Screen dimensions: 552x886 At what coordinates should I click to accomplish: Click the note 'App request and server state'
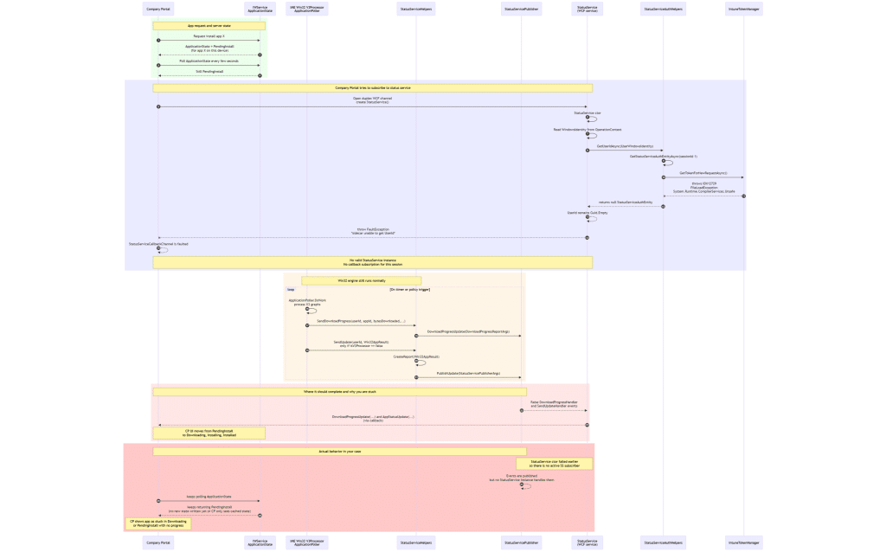[x=209, y=26]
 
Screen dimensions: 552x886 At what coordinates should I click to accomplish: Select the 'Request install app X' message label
[x=209, y=36]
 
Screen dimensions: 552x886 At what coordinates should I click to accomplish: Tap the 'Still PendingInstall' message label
[x=209, y=71]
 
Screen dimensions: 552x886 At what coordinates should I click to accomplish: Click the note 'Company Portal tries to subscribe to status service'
[x=373, y=88]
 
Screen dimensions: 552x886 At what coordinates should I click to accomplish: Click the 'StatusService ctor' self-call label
[x=587, y=112]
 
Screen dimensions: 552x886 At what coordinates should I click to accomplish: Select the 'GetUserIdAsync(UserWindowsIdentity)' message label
[x=625, y=146]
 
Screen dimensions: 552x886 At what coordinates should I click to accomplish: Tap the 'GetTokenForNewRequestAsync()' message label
[x=703, y=173]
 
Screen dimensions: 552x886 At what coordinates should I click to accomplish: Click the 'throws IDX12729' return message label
[x=703, y=187]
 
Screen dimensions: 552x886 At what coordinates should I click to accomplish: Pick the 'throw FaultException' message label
[x=373, y=232]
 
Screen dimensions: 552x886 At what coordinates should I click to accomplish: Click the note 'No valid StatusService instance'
[x=373, y=261]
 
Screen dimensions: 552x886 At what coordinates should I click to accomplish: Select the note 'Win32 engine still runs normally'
[x=361, y=280]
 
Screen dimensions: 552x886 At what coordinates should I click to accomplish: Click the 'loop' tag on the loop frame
[x=291, y=289]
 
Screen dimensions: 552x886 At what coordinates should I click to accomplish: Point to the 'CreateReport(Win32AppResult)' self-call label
[x=416, y=356]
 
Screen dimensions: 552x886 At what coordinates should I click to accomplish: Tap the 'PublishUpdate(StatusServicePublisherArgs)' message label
[x=468, y=373]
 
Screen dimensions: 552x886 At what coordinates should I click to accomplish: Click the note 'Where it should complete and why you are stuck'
[x=340, y=392]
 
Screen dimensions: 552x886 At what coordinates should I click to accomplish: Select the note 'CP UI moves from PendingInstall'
[x=209, y=432]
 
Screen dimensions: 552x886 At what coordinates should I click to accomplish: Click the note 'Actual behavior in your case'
[x=340, y=452]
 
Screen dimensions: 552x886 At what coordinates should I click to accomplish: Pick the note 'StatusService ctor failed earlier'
[x=555, y=464]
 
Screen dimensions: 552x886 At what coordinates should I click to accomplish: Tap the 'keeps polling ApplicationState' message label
[x=209, y=497]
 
